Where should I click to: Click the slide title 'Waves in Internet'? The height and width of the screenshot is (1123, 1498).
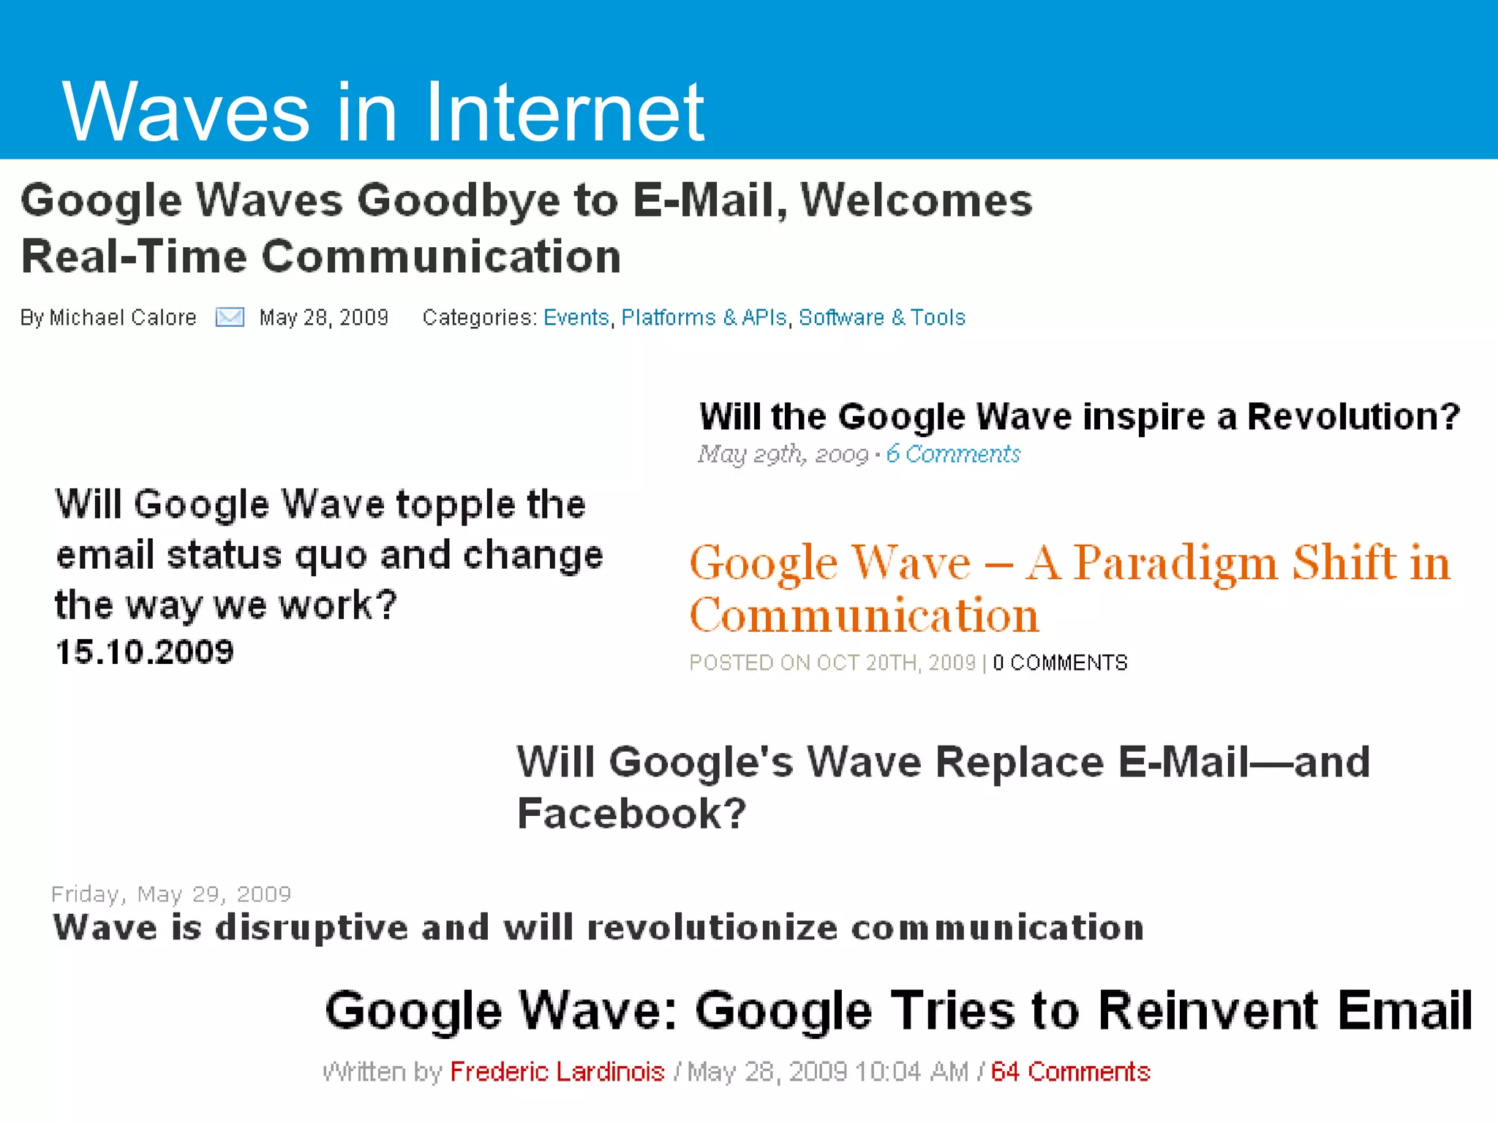(x=383, y=111)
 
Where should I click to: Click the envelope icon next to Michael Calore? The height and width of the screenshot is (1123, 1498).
(x=230, y=317)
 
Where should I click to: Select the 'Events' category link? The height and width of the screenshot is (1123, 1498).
(x=576, y=317)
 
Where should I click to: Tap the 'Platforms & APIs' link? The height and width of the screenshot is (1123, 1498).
(x=704, y=317)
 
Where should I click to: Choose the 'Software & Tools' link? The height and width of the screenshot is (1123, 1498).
(x=881, y=317)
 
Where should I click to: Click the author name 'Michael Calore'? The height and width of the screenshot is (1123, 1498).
(x=123, y=317)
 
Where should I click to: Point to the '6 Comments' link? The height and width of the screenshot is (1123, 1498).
(x=952, y=454)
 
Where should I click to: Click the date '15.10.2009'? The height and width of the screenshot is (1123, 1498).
(x=145, y=651)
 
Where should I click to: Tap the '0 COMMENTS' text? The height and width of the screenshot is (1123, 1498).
(x=1060, y=662)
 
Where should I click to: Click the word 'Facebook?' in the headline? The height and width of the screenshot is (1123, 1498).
(x=632, y=813)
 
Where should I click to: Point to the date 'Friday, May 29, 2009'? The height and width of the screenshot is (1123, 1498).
(x=171, y=893)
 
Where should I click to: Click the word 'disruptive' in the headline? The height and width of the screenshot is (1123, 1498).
(x=312, y=927)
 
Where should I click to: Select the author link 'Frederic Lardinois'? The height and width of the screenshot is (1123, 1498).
(x=557, y=1071)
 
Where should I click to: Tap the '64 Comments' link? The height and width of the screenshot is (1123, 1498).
(x=1070, y=1071)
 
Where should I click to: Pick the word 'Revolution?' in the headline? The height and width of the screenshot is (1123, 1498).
(x=1353, y=416)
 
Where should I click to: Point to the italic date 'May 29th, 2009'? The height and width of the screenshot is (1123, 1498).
(x=783, y=454)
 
